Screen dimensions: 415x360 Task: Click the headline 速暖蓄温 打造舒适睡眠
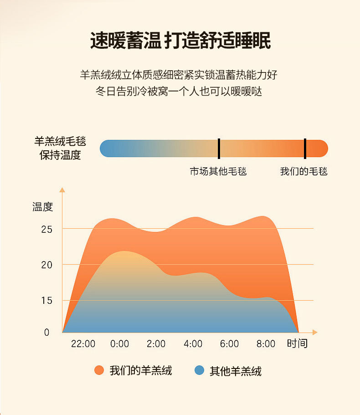[x=180, y=41]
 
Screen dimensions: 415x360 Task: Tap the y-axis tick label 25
[x=46, y=229]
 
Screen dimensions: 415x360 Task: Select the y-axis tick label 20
[x=46, y=265]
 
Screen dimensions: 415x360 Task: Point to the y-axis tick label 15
[x=46, y=301]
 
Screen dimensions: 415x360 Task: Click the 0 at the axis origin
[x=46, y=333]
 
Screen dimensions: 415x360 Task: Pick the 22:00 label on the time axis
[x=83, y=343]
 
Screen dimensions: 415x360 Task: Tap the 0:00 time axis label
[x=120, y=343]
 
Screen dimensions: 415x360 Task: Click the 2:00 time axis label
[x=156, y=343]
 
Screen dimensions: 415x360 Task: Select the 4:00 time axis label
[x=193, y=343]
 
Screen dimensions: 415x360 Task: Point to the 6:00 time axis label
[x=229, y=343]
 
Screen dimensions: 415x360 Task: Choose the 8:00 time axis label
[x=266, y=343]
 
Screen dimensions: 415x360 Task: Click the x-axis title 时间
[x=297, y=343]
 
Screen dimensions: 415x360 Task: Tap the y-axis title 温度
[x=43, y=207]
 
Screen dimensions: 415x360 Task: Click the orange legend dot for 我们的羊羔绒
[x=99, y=370]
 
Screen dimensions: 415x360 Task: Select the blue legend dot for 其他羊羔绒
[x=199, y=370]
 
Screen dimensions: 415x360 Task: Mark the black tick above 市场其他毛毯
[x=219, y=149]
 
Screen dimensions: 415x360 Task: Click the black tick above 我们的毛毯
[x=305, y=149]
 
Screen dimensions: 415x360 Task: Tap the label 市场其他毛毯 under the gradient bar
[x=218, y=172]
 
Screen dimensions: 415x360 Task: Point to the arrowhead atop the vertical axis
[x=62, y=190]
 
